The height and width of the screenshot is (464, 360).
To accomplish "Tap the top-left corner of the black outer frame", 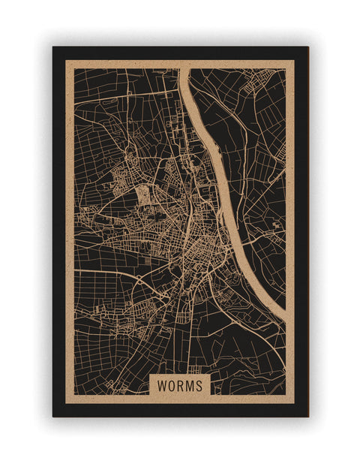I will pos(53,47).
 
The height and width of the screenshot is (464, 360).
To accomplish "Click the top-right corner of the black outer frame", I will pos(307,47).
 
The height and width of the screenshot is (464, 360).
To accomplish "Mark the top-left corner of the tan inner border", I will pos(66,61).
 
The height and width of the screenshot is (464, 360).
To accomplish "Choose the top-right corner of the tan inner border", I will pos(294,61).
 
